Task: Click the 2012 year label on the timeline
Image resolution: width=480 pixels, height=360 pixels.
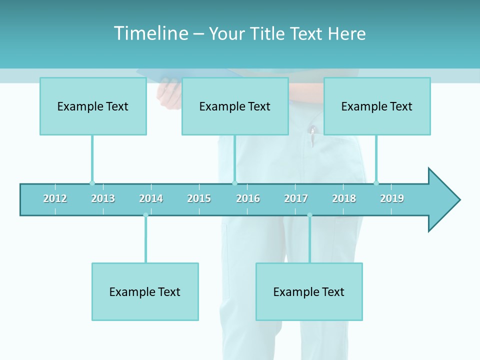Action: point(55,198)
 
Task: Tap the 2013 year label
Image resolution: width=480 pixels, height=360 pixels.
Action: point(103,198)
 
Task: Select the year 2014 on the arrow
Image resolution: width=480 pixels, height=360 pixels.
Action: point(151,198)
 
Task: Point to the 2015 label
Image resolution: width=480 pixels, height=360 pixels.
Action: point(199,198)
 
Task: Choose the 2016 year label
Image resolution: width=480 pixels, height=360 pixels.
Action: point(248,198)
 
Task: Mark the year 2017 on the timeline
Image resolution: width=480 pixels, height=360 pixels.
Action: point(296,198)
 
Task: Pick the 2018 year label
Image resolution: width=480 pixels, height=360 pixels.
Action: point(344,198)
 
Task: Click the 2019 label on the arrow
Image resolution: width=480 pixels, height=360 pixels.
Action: point(392,198)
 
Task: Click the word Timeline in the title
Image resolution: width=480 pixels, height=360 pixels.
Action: point(150,33)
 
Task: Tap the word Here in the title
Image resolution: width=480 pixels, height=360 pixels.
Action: point(346,33)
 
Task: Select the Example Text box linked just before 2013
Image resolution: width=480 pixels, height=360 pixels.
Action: point(93,106)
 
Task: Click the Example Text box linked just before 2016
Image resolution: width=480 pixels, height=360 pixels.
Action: point(235,106)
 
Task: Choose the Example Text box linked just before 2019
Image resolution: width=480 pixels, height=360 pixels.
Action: point(377,106)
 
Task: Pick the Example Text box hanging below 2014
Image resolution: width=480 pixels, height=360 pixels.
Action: point(145,291)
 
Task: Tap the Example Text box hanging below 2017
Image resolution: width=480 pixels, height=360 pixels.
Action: point(309,291)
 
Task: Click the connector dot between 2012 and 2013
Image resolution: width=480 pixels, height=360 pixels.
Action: point(92,183)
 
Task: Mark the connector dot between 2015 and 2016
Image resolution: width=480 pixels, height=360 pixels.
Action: point(234,183)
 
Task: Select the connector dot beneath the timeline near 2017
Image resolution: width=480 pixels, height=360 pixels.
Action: point(309,215)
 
